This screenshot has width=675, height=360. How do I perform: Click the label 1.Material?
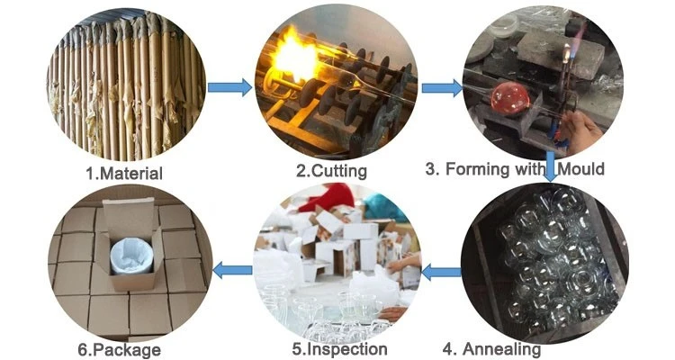tap(124, 174)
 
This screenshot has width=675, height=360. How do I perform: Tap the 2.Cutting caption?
tap(331, 171)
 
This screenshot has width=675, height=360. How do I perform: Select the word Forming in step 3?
tap(477, 169)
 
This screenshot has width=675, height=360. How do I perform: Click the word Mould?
tap(580, 168)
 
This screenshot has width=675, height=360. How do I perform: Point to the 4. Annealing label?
tap(491, 349)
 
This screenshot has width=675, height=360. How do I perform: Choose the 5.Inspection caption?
tap(339, 349)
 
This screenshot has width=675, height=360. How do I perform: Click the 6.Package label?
tap(119, 350)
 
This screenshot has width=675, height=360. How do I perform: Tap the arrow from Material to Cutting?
tap(229, 87)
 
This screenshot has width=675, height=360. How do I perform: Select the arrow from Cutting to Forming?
tap(442, 88)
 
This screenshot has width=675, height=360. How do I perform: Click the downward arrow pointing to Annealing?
tap(551, 166)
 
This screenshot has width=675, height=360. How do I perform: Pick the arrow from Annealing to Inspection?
tap(441, 272)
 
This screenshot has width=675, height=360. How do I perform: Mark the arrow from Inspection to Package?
tap(232, 270)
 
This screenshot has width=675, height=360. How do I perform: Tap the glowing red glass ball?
tap(510, 99)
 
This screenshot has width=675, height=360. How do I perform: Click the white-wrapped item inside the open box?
tap(131, 257)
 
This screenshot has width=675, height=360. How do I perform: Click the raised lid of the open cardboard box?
tap(129, 214)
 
